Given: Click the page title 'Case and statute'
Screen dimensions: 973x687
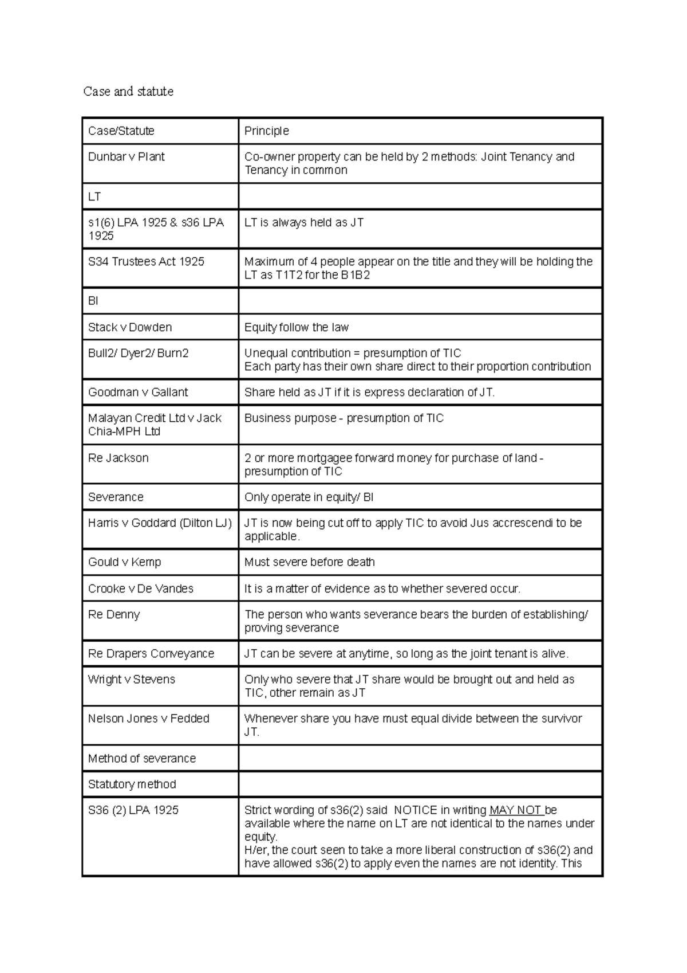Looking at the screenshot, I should [x=128, y=92].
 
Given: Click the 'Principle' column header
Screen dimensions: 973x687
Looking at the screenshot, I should [x=267, y=131].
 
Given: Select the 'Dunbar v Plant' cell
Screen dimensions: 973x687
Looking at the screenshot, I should [x=127, y=157].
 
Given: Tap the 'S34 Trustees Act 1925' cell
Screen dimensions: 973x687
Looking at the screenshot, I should [x=146, y=262].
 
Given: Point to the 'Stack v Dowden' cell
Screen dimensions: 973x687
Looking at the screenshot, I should [x=130, y=328].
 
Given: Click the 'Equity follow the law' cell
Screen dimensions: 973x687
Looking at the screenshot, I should [x=297, y=328].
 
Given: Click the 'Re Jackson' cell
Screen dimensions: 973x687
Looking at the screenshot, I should [x=119, y=458].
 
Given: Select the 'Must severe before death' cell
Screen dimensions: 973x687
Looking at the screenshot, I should [x=310, y=563].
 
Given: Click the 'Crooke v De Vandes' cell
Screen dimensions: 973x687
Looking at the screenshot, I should [x=141, y=589].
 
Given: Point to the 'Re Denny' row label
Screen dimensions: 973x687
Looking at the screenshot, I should [x=114, y=615].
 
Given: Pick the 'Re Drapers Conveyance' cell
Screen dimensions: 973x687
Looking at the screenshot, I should [x=151, y=654].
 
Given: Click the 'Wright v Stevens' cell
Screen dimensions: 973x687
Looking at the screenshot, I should [x=132, y=680].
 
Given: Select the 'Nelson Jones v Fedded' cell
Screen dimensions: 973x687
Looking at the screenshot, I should [x=149, y=719].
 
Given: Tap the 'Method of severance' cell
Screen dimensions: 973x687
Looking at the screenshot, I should [x=142, y=759].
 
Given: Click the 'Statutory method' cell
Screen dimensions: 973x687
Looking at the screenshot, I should [x=132, y=784].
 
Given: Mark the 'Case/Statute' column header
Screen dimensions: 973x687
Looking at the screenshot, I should [x=121, y=131].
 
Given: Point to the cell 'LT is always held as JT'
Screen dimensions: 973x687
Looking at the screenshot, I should [x=304, y=223].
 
